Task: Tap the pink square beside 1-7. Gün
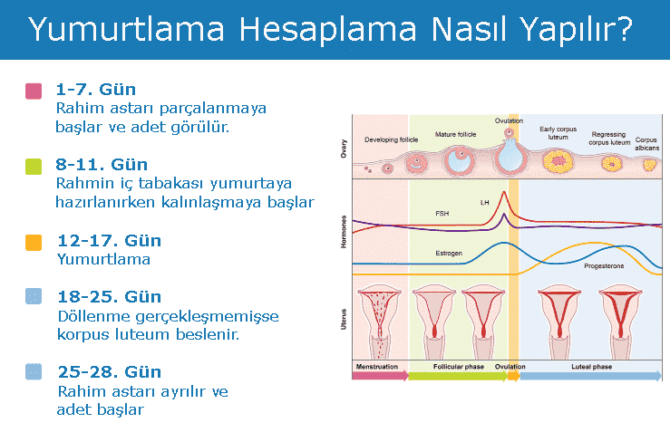click(x=34, y=91)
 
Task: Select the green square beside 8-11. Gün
click(x=34, y=166)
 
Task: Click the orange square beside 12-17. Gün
click(x=34, y=242)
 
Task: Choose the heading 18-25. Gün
click(x=109, y=297)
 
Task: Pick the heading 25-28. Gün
click(x=109, y=372)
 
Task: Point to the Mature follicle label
click(x=455, y=134)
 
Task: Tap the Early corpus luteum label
click(x=558, y=134)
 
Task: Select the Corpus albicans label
click(x=646, y=144)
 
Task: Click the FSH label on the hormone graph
click(x=442, y=214)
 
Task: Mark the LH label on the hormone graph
click(x=484, y=201)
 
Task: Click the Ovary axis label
click(x=343, y=149)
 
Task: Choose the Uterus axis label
click(x=343, y=320)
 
